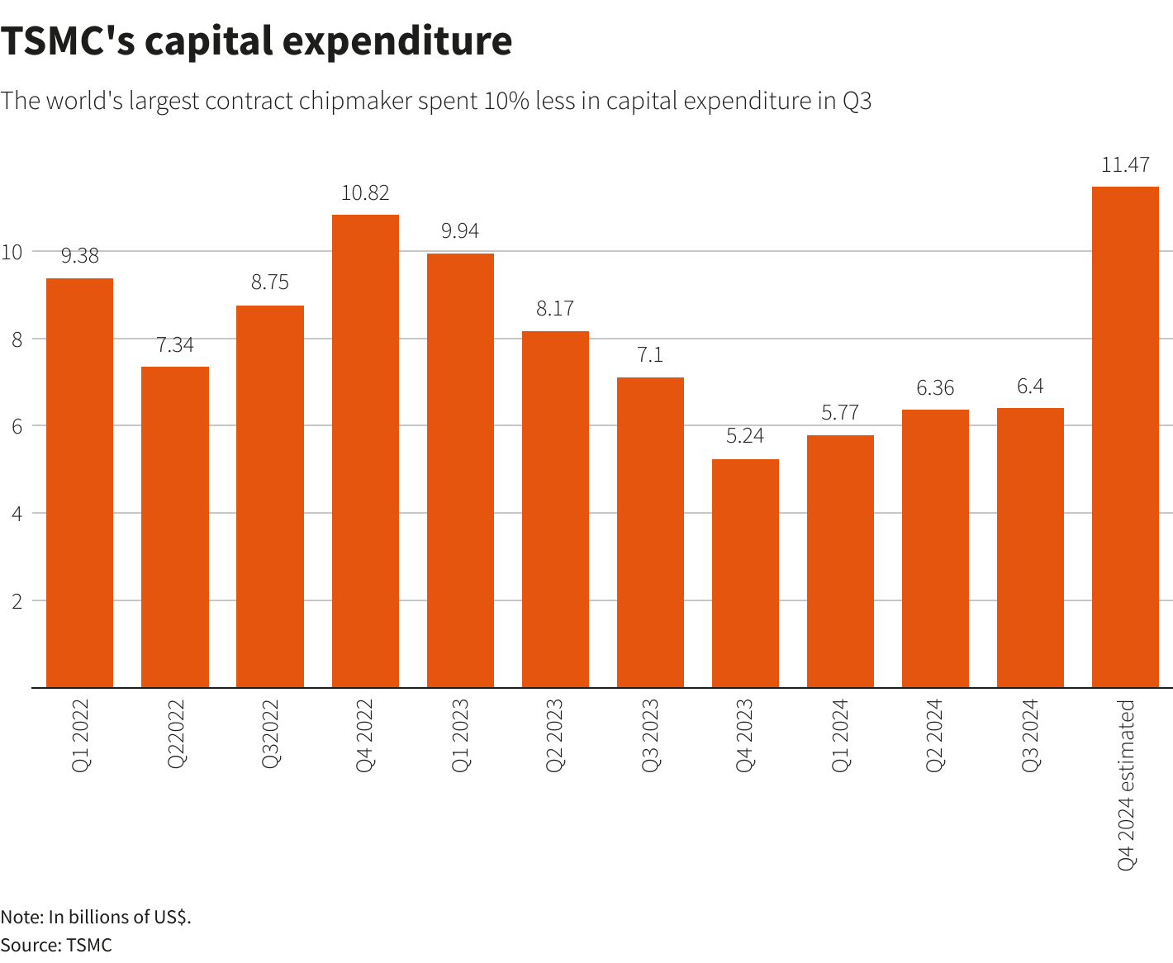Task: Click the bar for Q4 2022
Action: [365, 451]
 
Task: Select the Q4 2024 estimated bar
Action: [1125, 437]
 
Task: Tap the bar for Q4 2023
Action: [745, 573]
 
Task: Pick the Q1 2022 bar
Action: [79, 482]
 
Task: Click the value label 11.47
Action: [1125, 164]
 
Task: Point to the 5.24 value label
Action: [745, 436]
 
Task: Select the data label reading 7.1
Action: [650, 355]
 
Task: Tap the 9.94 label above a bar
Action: [460, 231]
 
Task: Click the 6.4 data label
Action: [1030, 386]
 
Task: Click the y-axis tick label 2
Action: [17, 600]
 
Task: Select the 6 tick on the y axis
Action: [17, 426]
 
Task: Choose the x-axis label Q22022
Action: [176, 734]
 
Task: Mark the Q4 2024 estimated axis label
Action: [1126, 785]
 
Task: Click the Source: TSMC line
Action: [56, 945]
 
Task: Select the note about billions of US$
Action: [96, 917]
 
